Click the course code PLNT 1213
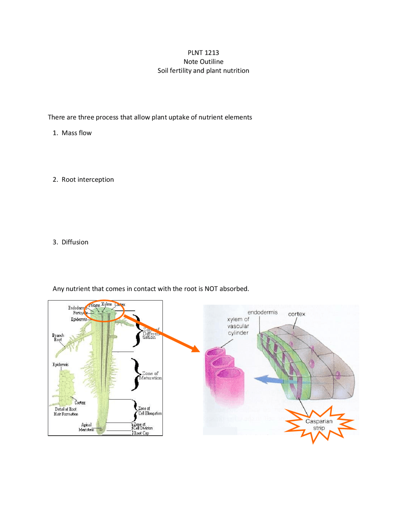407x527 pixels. (x=203, y=53)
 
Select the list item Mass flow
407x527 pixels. (x=76, y=133)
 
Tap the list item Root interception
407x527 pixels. (x=87, y=179)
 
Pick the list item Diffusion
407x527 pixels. (x=75, y=242)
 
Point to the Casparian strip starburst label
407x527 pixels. (x=319, y=425)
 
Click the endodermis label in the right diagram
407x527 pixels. (x=262, y=313)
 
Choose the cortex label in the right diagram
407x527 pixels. (x=296, y=314)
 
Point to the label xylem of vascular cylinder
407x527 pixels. (x=238, y=326)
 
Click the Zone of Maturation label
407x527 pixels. (x=150, y=376)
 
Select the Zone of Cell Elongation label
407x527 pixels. (x=149, y=411)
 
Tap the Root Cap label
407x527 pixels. (x=141, y=433)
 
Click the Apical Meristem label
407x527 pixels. (x=86, y=427)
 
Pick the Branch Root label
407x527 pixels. (x=58, y=337)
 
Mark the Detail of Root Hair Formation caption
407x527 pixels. (x=66, y=411)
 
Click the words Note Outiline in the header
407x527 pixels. (x=203, y=62)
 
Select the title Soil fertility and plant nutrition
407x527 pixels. (x=203, y=71)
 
